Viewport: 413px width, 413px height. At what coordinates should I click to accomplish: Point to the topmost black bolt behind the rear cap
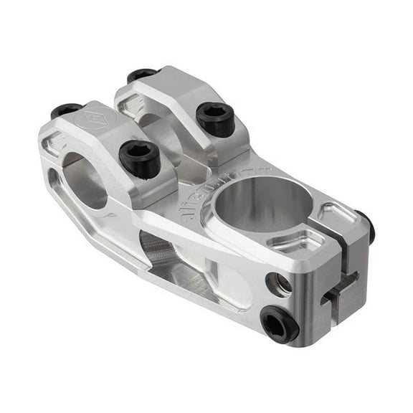(141, 75)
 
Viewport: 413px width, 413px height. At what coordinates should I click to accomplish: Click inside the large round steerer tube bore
(266, 201)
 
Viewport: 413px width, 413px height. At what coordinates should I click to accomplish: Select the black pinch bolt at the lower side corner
(278, 323)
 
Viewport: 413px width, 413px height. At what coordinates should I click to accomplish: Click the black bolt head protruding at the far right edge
(367, 225)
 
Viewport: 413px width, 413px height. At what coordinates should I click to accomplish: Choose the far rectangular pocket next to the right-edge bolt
(333, 212)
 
